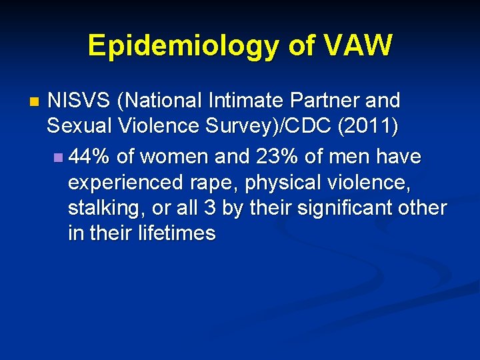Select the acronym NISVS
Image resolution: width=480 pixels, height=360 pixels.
pos(79,101)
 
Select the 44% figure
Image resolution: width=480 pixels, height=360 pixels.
pos(90,157)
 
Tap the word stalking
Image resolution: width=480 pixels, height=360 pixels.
pos(107,208)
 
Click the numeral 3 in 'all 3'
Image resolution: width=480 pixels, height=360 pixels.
pos(210,208)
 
